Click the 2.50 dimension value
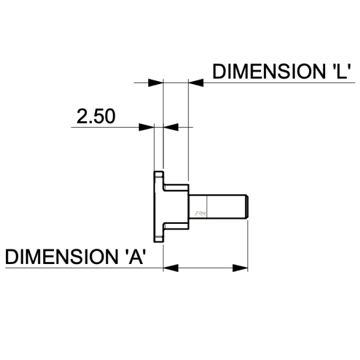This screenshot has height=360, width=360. click(96, 116)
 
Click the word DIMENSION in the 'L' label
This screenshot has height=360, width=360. click(268, 71)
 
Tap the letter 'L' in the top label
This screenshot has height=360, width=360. click(340, 71)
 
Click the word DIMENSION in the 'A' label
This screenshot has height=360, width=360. click(62, 257)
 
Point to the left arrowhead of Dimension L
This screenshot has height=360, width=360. click(155, 83)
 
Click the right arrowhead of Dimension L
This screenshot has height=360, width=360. click(196, 83)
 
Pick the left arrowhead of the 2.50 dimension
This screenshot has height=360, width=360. click(146, 127)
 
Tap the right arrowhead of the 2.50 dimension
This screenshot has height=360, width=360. click(171, 127)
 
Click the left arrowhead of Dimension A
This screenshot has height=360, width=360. click(171, 268)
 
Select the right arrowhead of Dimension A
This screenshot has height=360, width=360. click(240, 268)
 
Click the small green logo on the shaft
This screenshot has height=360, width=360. click(200, 214)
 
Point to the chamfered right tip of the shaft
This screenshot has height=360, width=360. click(247, 206)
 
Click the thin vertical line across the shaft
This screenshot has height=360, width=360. click(207, 206)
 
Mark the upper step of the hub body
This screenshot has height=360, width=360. click(176, 188)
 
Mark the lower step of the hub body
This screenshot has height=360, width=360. click(176, 226)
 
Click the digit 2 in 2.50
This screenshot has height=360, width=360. click(82, 116)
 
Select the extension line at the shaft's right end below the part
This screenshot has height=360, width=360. click(248, 245)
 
